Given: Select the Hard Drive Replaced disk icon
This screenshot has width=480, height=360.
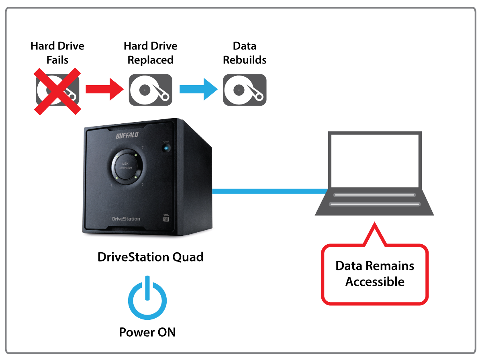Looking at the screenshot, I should click(150, 90).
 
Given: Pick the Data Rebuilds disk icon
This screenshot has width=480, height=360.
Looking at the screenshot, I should click(245, 90).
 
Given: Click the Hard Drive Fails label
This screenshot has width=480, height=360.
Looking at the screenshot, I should click(57, 53).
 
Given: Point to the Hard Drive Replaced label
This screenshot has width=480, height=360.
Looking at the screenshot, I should click(150, 53).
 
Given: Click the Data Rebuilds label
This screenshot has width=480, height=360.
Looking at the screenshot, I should click(245, 53).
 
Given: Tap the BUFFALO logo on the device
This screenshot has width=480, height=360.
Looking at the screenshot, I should click(127, 135).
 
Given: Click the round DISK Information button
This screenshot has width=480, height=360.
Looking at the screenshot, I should click(125, 165).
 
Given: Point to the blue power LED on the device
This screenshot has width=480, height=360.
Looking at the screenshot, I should click(166, 148).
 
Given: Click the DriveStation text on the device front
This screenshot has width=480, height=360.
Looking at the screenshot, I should click(126, 219).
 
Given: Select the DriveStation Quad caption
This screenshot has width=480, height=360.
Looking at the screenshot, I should click(150, 257).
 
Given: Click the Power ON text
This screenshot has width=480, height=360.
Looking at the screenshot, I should click(147, 332).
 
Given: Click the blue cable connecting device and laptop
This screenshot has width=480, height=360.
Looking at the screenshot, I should click(269, 191).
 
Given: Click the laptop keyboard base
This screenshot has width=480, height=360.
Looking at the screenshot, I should click(374, 201).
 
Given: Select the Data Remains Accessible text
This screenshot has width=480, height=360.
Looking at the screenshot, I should click(375, 274).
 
